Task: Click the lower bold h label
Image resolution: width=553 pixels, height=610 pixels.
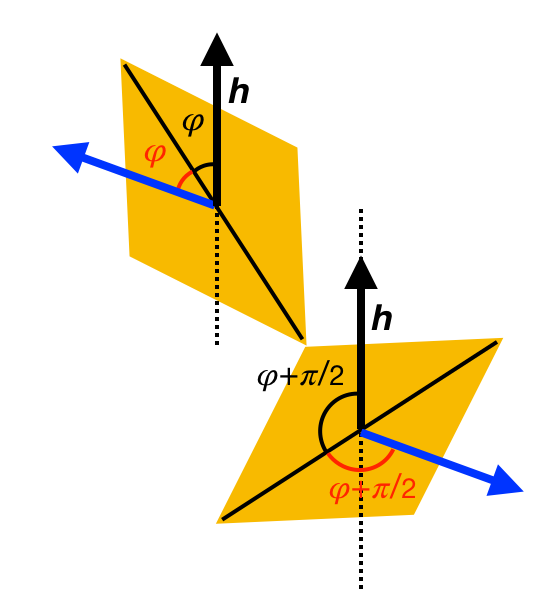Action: [383, 319]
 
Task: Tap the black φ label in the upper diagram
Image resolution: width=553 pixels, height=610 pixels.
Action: [194, 124]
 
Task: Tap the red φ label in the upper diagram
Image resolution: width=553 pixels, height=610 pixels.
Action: [155, 155]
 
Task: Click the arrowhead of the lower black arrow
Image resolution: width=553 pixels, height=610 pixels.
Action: [360, 271]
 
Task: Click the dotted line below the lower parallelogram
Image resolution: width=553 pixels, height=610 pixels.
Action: [361, 555]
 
